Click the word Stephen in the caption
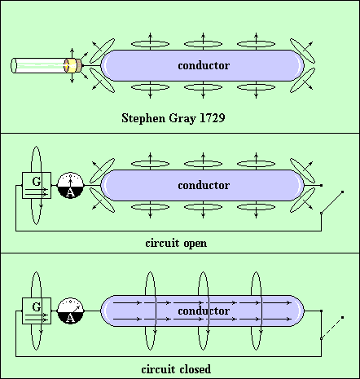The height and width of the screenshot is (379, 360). [143, 118]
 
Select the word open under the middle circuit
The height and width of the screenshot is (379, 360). [195, 244]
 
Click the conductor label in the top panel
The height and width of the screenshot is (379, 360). [204, 65]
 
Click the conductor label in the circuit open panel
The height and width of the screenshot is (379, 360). [204, 185]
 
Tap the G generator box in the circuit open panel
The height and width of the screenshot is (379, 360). [37, 185]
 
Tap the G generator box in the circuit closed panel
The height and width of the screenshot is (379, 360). [37, 311]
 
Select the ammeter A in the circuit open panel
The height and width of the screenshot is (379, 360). [71, 185]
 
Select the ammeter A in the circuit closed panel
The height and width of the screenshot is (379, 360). [71, 311]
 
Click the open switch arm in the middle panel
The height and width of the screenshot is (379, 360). [331, 202]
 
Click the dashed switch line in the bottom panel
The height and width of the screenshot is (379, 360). [331, 328]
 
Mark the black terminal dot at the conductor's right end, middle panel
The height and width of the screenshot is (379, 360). [322, 185]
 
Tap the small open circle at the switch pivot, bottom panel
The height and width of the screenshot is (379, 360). [322, 338]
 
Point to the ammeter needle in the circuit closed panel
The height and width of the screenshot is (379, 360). [77, 308]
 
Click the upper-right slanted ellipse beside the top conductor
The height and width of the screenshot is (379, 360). [302, 51]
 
